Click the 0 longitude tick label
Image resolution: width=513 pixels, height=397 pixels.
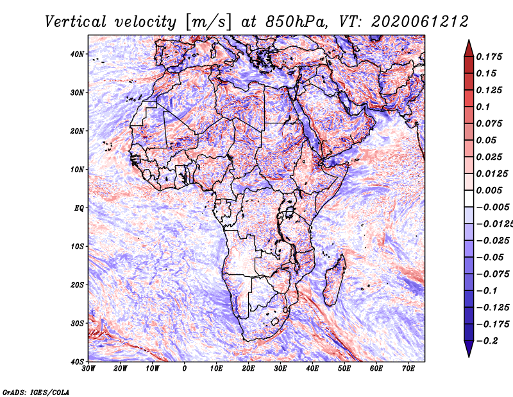point(185,369)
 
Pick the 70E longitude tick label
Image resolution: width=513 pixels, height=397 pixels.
point(408,369)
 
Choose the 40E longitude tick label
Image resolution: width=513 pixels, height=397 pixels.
point(312,369)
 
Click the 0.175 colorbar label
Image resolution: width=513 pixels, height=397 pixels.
point(489,57)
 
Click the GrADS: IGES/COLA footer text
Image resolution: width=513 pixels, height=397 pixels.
point(36,391)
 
